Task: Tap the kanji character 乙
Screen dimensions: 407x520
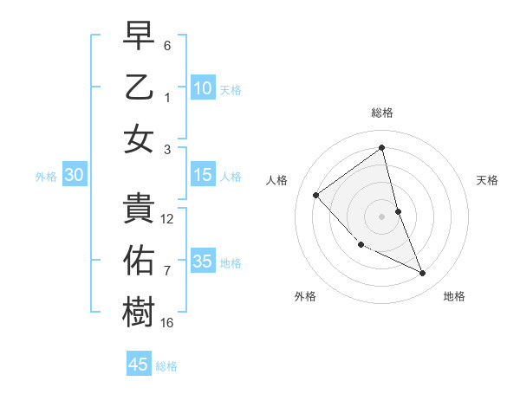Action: pyautogui.click(x=139, y=88)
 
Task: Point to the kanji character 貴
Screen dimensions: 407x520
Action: pyautogui.click(x=139, y=209)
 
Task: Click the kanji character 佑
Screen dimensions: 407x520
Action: pyautogui.click(x=139, y=261)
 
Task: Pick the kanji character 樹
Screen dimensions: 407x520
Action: pyautogui.click(x=139, y=312)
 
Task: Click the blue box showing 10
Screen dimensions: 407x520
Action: pyautogui.click(x=203, y=88)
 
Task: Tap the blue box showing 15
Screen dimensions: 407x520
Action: pyautogui.click(x=203, y=176)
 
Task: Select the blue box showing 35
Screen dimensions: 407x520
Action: pyautogui.click(x=203, y=262)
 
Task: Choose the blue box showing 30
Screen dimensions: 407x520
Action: pyautogui.click(x=75, y=176)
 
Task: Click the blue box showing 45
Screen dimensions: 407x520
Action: pyautogui.click(x=139, y=365)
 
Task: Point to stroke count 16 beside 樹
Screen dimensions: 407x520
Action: pyautogui.click(x=167, y=323)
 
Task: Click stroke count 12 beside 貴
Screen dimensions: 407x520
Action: pyautogui.click(x=167, y=219)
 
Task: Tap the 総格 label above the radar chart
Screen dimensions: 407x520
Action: pyautogui.click(x=382, y=113)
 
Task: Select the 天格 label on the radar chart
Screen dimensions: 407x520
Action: pyautogui.click(x=488, y=180)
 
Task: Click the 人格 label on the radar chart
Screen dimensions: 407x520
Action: pyautogui.click(x=277, y=180)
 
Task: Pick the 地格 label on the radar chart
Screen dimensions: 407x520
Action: pyautogui.click(x=454, y=296)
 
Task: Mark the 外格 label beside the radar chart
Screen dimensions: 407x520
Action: pyautogui.click(x=305, y=296)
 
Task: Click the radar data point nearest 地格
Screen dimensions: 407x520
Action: pyautogui.click(x=423, y=274)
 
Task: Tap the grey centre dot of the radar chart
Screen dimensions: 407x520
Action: pyautogui.click(x=382, y=216)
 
